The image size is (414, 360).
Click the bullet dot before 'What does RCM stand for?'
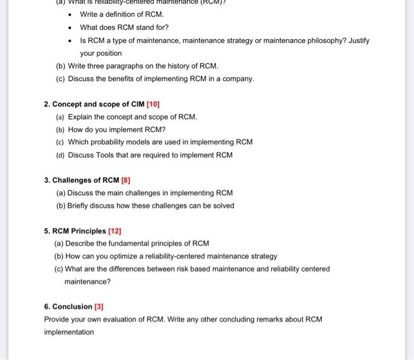[70, 28]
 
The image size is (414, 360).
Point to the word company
[240, 79]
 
